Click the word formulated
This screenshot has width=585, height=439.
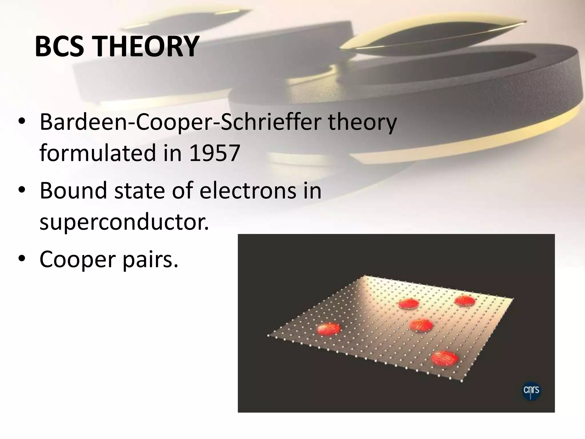click(x=98, y=153)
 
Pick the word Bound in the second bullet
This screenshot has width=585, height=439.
click(x=73, y=191)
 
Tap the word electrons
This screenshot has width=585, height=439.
click(x=248, y=191)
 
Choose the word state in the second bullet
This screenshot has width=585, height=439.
click(x=139, y=191)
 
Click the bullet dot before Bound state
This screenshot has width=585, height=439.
click(x=22, y=191)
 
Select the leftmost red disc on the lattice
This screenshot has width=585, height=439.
click(x=329, y=329)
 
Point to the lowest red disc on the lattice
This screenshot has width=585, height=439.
click(x=445, y=358)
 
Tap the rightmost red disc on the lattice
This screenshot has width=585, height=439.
click(x=465, y=301)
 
